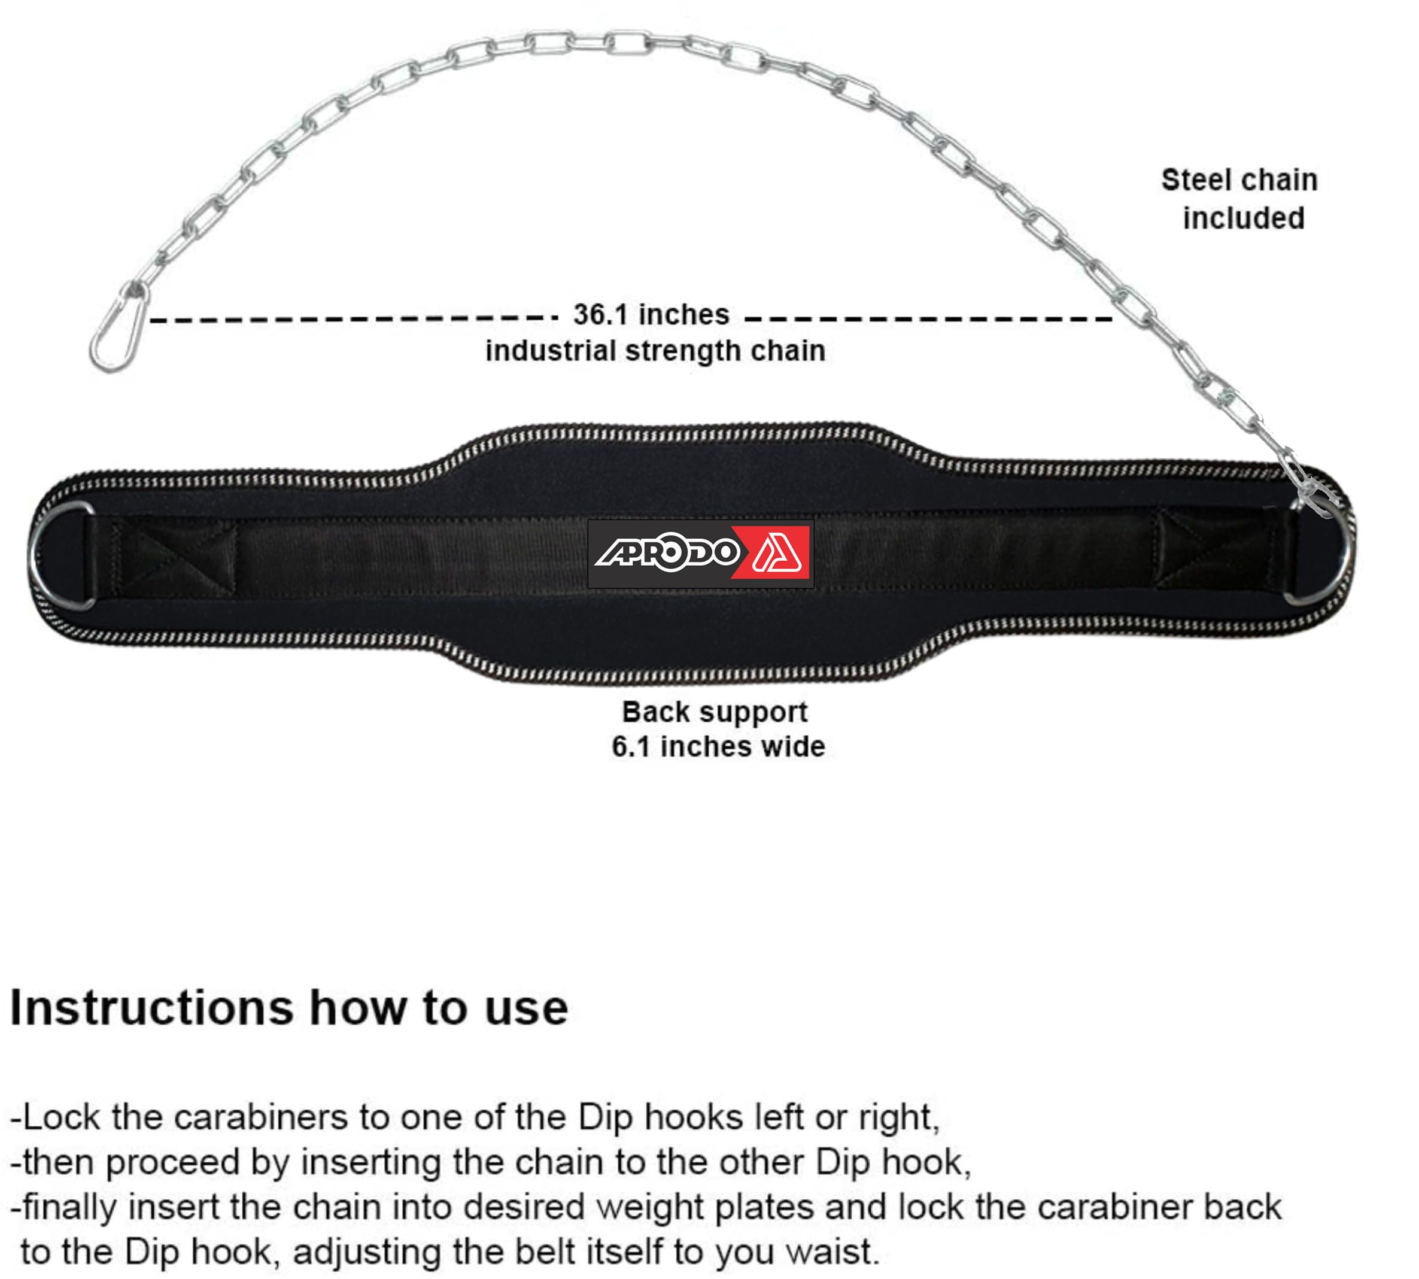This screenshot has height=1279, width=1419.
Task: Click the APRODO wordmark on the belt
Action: point(665,553)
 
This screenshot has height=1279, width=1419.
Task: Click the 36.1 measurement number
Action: point(600,315)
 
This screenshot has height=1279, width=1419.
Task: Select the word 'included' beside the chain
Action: point(1242,218)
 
